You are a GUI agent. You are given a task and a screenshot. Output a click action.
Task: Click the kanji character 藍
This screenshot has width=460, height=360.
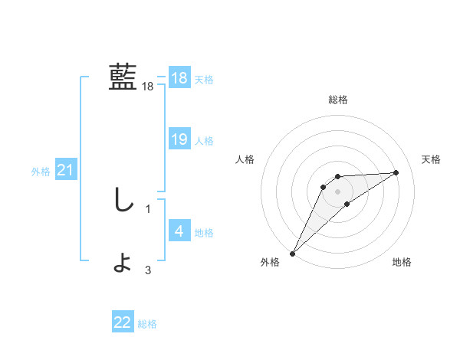point(123,77)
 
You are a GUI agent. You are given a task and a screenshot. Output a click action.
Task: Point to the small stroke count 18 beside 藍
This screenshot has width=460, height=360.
point(148,87)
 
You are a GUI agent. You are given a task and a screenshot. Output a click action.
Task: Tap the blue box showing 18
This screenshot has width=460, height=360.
point(179,78)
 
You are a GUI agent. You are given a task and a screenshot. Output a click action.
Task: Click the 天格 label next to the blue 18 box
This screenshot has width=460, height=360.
point(204,80)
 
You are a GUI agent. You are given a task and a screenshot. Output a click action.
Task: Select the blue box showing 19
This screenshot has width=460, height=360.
point(179,139)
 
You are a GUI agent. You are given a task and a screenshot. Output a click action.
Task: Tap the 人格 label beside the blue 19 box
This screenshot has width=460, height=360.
point(204,141)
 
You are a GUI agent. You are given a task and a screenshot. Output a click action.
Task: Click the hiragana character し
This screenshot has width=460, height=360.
point(123,200)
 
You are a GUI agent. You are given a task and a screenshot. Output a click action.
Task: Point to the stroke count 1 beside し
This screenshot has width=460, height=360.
point(148,208)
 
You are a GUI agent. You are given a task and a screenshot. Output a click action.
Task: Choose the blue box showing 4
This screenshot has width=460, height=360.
point(179,231)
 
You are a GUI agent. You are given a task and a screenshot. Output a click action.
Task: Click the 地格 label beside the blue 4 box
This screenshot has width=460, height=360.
point(204,233)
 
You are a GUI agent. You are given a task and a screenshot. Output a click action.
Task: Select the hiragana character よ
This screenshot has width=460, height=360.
point(123,263)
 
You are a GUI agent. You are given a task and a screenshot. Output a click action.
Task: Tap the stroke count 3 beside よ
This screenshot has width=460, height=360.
point(148,270)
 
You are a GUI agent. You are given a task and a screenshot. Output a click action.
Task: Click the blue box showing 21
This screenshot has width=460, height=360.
point(65,170)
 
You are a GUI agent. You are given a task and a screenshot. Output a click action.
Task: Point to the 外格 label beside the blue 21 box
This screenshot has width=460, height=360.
point(41,172)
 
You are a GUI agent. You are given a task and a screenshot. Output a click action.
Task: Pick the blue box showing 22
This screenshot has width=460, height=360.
point(123,322)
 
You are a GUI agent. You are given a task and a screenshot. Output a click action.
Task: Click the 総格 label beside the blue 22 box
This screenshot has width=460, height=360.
point(147,325)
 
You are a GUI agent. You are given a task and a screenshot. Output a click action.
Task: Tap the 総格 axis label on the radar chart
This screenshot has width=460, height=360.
point(338,100)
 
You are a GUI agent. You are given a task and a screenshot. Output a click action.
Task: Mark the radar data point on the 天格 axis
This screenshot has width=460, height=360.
point(396,172)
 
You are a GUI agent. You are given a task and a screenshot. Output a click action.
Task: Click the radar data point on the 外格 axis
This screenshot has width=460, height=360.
point(292,253)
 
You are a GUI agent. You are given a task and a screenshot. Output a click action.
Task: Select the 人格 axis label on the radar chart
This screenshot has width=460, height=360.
point(245,159)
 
